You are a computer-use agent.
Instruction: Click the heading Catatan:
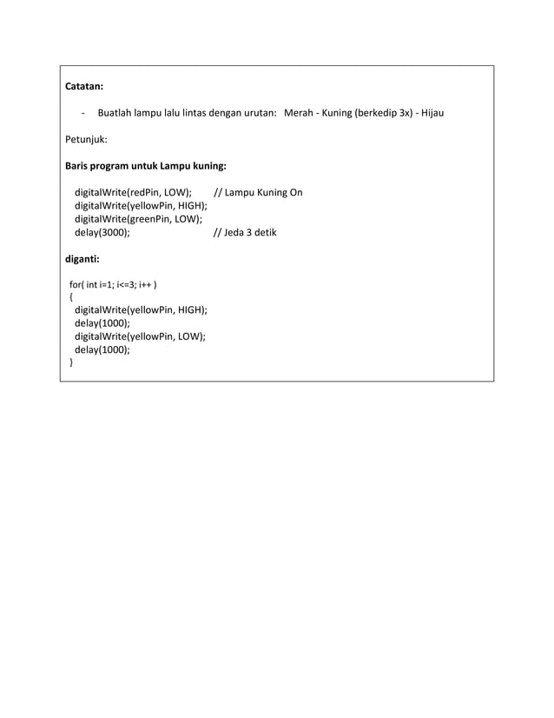[85, 87]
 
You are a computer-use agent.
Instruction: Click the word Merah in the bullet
[300, 113]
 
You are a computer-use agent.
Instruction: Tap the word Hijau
[432, 113]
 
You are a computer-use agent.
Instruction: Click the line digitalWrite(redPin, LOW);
[133, 192]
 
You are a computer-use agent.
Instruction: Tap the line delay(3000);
[102, 233]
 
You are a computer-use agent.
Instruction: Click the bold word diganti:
[83, 258]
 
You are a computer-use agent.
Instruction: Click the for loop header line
[113, 284]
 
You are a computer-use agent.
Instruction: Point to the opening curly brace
[71, 296]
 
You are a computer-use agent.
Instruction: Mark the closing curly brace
[71, 363]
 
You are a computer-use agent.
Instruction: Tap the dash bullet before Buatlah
[82, 113]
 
